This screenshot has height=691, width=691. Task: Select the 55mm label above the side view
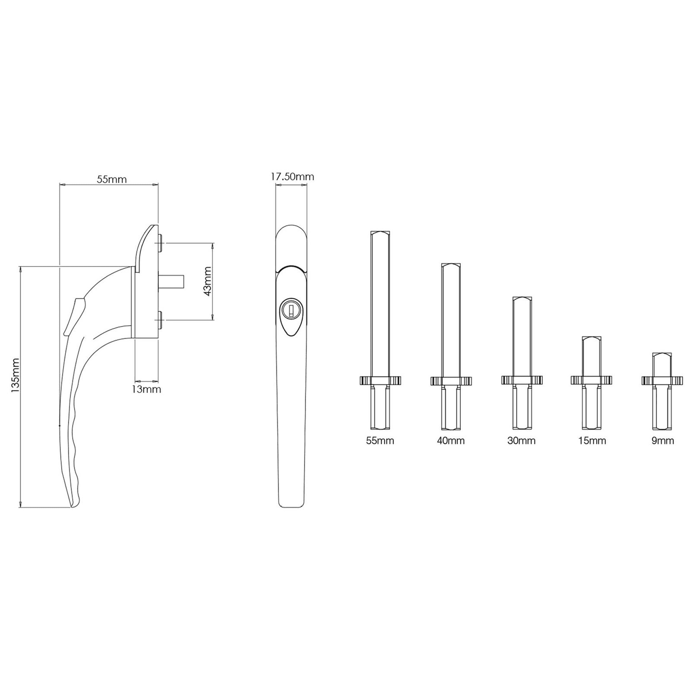point(111,179)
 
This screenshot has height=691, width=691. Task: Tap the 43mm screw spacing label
point(207,281)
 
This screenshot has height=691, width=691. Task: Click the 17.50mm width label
point(292,177)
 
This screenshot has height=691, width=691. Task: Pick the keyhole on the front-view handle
point(291,310)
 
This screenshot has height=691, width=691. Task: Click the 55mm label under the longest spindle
point(380,441)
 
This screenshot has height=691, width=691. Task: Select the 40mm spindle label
point(450,441)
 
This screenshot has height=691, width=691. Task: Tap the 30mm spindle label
point(521,441)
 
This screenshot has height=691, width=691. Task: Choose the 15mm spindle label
point(592,441)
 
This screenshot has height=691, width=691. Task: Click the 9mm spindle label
point(662,441)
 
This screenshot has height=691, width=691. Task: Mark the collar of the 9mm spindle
point(662,380)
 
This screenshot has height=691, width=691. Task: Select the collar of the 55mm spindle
point(380,380)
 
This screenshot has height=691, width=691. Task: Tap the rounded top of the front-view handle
point(291,229)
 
